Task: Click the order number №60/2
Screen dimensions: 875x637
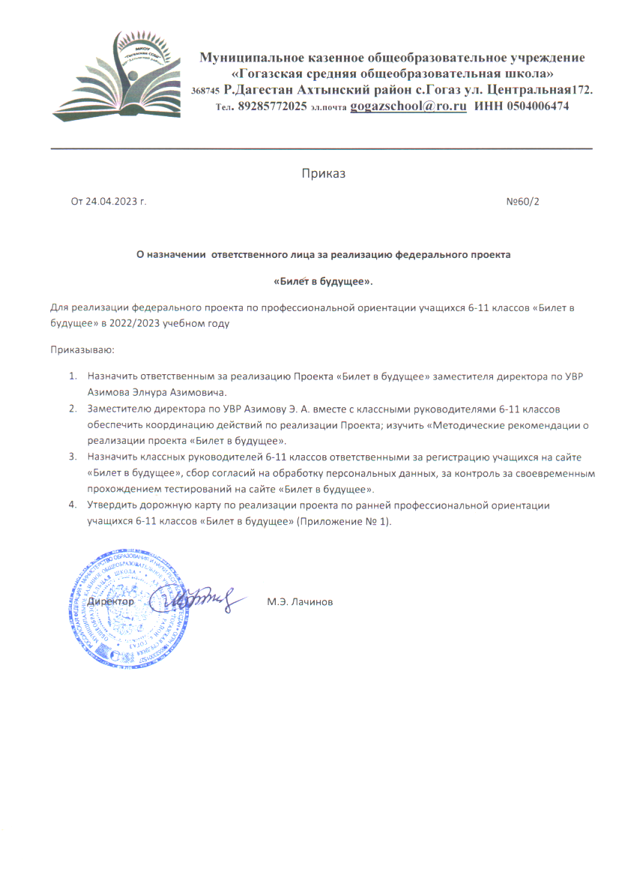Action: click(522, 202)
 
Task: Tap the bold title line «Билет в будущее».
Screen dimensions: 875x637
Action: click(323, 281)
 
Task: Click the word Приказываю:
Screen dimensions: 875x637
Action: click(82, 349)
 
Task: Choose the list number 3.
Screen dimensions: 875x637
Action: click(73, 457)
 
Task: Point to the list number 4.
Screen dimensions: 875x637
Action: click(73, 505)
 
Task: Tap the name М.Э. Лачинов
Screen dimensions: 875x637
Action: click(300, 602)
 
